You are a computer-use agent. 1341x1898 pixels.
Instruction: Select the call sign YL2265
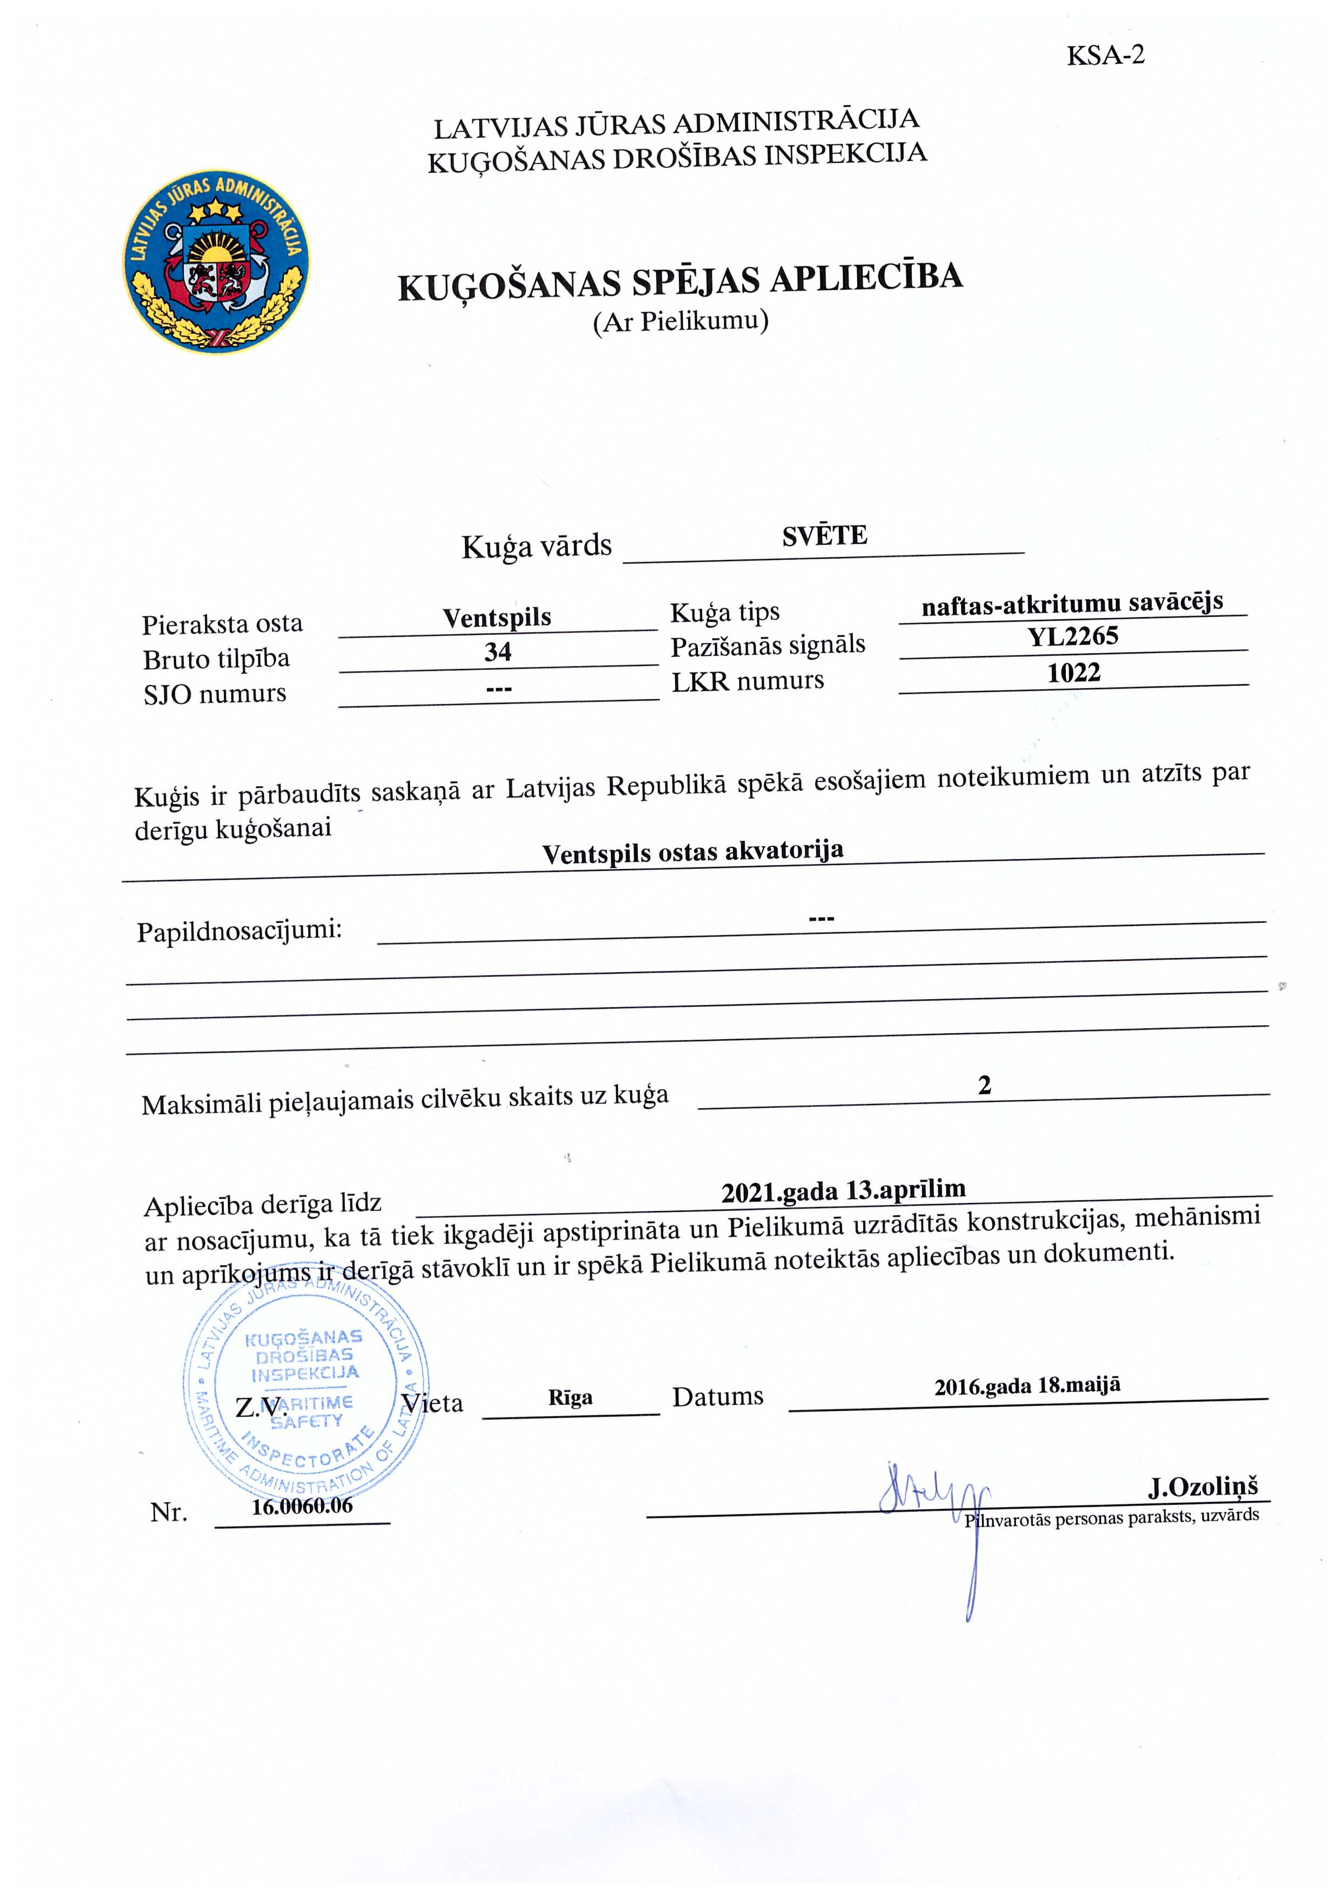coord(1072,637)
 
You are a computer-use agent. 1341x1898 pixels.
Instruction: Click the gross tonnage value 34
coord(498,652)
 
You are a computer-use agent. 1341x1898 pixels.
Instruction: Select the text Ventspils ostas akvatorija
coord(693,852)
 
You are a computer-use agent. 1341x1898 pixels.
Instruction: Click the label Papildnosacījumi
coord(239,932)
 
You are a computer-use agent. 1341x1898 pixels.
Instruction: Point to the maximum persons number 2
coord(984,1085)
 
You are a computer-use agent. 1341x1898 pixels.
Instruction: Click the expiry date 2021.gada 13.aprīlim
coord(843,1191)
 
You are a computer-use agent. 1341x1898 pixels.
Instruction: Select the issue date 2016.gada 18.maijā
coord(1027,1386)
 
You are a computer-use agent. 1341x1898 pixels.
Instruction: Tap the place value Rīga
coord(570,1398)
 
